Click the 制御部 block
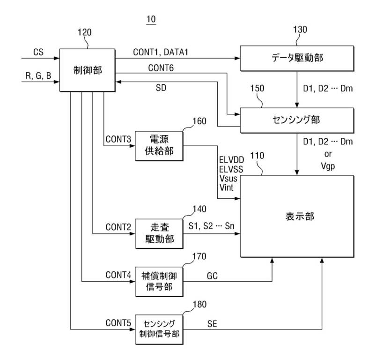pos(87,70)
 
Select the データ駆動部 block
pos(297,58)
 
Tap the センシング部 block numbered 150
pos(297,120)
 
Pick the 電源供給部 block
pos(159,146)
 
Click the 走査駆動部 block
pos(159,233)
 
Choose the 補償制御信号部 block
pos(159,282)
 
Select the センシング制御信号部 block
pos(159,329)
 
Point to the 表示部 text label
pos(300,217)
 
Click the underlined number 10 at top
pos(151,19)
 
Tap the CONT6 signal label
pos(161,68)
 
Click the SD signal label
pos(161,88)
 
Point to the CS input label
pos(38,52)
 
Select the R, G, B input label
pos(38,75)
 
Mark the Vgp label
pos(328,166)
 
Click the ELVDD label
pos(231,160)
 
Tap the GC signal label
pos(212,276)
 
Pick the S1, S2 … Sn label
pos(211,226)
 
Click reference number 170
pos(199,256)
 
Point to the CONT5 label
pos(118,323)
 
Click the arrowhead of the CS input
pos(57,58)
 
